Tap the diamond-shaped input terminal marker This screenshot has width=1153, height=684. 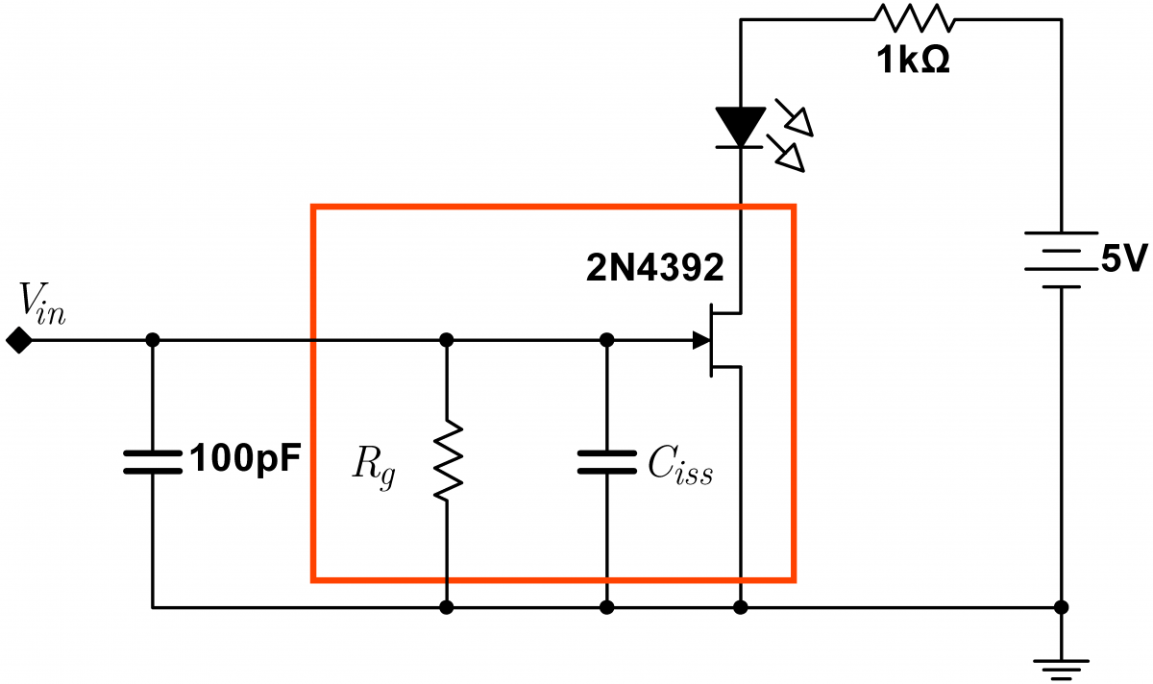pyautogui.click(x=16, y=340)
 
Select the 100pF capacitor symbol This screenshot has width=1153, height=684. pyautogui.click(x=152, y=461)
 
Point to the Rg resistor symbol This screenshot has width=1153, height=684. pyautogui.click(x=446, y=464)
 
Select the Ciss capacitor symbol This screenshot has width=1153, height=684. pyautogui.click(x=606, y=462)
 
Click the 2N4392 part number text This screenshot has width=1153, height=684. pyautogui.click(x=654, y=270)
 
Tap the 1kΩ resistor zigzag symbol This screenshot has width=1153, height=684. pyautogui.click(x=912, y=17)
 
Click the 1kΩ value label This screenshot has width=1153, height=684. pyautogui.click(x=912, y=61)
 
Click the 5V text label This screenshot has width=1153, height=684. pyautogui.click(x=1123, y=258)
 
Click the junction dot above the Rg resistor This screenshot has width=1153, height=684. pyautogui.click(x=446, y=340)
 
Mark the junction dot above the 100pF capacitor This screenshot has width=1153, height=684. pyautogui.click(x=152, y=340)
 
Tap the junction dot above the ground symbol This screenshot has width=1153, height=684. pyautogui.click(x=1061, y=607)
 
